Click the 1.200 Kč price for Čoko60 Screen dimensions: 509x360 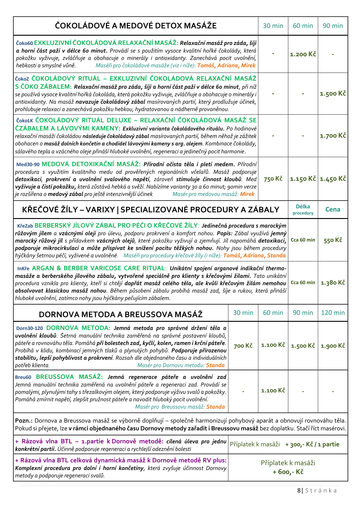tap(303, 54)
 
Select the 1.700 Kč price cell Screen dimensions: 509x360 tap(333, 135)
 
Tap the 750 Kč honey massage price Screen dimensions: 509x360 tap(273, 179)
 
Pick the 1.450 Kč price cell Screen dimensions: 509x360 tap(333, 179)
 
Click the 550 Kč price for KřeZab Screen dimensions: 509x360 tap(333, 240)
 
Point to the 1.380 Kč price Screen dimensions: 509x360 tap(333, 283)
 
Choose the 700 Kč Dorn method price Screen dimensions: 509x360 tap(243, 346)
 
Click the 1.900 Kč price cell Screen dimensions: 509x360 tap(333, 346)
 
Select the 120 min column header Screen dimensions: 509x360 tap(333, 313)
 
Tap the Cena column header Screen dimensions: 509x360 tap(333, 209)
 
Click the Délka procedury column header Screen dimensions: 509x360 tap(303, 210)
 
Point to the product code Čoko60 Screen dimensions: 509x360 tap(24, 44)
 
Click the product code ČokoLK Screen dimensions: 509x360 tap(25, 121)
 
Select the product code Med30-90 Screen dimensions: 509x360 tap(28, 165)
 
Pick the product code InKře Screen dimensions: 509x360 tap(23, 269)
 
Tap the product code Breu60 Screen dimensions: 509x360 tap(23, 377)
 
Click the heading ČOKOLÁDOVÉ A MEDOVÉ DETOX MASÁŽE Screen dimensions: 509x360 tap(136, 26)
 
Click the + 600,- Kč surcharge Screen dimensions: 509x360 tap(288, 472)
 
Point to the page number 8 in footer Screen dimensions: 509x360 tap(299, 490)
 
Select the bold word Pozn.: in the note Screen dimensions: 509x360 tap(24, 421)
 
